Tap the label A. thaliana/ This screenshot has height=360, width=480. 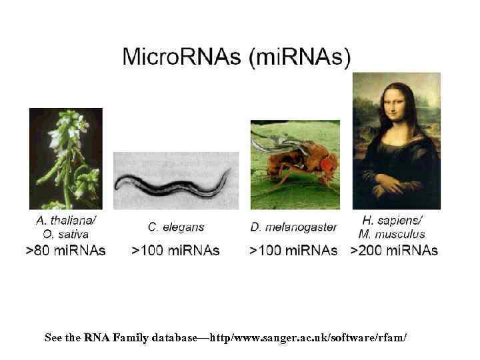click(66, 221)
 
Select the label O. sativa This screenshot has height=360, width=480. click(66, 234)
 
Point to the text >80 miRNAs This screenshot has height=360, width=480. click(65, 251)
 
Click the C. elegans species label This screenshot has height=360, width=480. click(176, 227)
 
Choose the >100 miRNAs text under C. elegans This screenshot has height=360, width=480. click(176, 251)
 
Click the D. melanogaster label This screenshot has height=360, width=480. click(293, 227)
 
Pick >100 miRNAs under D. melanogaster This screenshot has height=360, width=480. click(293, 251)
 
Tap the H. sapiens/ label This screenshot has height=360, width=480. click(393, 221)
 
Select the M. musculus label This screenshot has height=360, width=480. click(393, 234)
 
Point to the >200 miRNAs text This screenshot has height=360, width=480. click(394, 251)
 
